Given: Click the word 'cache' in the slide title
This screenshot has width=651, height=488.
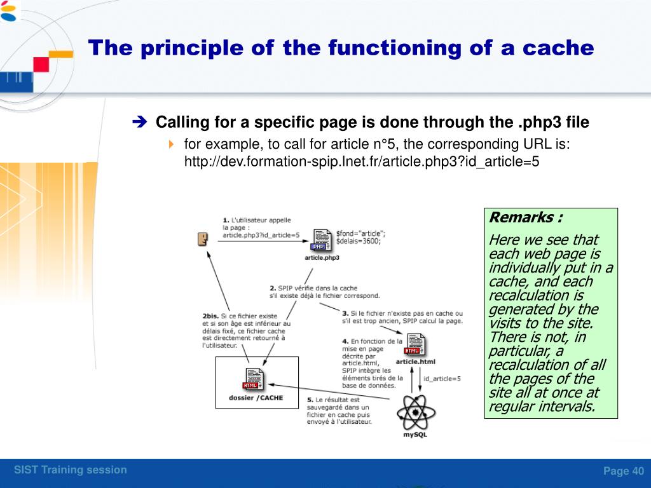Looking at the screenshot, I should tap(557, 48).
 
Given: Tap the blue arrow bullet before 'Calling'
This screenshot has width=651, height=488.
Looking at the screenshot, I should tap(140, 122).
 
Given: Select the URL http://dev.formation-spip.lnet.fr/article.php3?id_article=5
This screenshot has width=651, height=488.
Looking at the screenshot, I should tap(361, 161).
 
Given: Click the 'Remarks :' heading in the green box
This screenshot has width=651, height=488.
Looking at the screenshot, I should tap(526, 218).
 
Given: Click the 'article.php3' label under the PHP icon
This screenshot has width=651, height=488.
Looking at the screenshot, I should tap(322, 258).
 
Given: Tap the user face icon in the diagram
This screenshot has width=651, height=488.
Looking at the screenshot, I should tap(202, 240).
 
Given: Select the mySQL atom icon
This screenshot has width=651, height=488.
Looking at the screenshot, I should tap(416, 412).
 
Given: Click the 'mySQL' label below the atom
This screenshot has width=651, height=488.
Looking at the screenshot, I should tap(416, 435).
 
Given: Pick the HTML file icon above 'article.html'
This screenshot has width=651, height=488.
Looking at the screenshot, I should tap(414, 344).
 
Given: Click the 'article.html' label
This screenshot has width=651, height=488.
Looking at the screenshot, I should tap(415, 362).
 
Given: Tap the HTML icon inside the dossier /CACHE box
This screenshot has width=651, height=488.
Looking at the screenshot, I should tap(252, 379).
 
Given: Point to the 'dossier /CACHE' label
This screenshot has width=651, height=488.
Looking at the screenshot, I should tap(256, 398).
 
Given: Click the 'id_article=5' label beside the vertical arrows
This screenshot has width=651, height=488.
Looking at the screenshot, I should tap(442, 379).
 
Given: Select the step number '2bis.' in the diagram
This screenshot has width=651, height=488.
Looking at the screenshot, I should tap(211, 316).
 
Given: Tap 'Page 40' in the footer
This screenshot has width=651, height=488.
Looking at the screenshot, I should tap(623, 471).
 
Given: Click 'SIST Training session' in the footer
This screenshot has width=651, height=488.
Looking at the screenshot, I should tap(71, 470).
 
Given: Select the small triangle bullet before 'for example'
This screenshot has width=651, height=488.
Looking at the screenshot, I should tap(171, 145).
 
